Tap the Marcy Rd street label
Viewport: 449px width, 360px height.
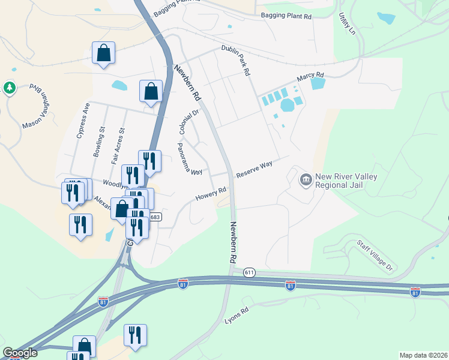pyautogui.click(x=311, y=78)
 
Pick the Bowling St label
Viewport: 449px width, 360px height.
pyautogui.click(x=99, y=142)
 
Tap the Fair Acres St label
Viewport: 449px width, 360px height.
pyautogui.click(x=118, y=146)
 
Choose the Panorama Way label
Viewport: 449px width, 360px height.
pyautogui.click(x=189, y=159)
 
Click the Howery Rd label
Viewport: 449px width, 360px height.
pyautogui.click(x=211, y=194)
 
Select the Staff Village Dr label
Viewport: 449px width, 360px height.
pyautogui.click(x=374, y=254)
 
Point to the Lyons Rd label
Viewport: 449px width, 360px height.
pyautogui.click(x=236, y=314)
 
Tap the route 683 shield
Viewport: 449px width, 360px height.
pyautogui.click(x=155, y=217)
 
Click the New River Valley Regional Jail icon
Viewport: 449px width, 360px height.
pyautogui.click(x=306, y=179)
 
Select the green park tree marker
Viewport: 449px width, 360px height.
pyautogui.click(x=10, y=88)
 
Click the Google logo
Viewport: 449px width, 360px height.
pyautogui.click(x=20, y=353)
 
